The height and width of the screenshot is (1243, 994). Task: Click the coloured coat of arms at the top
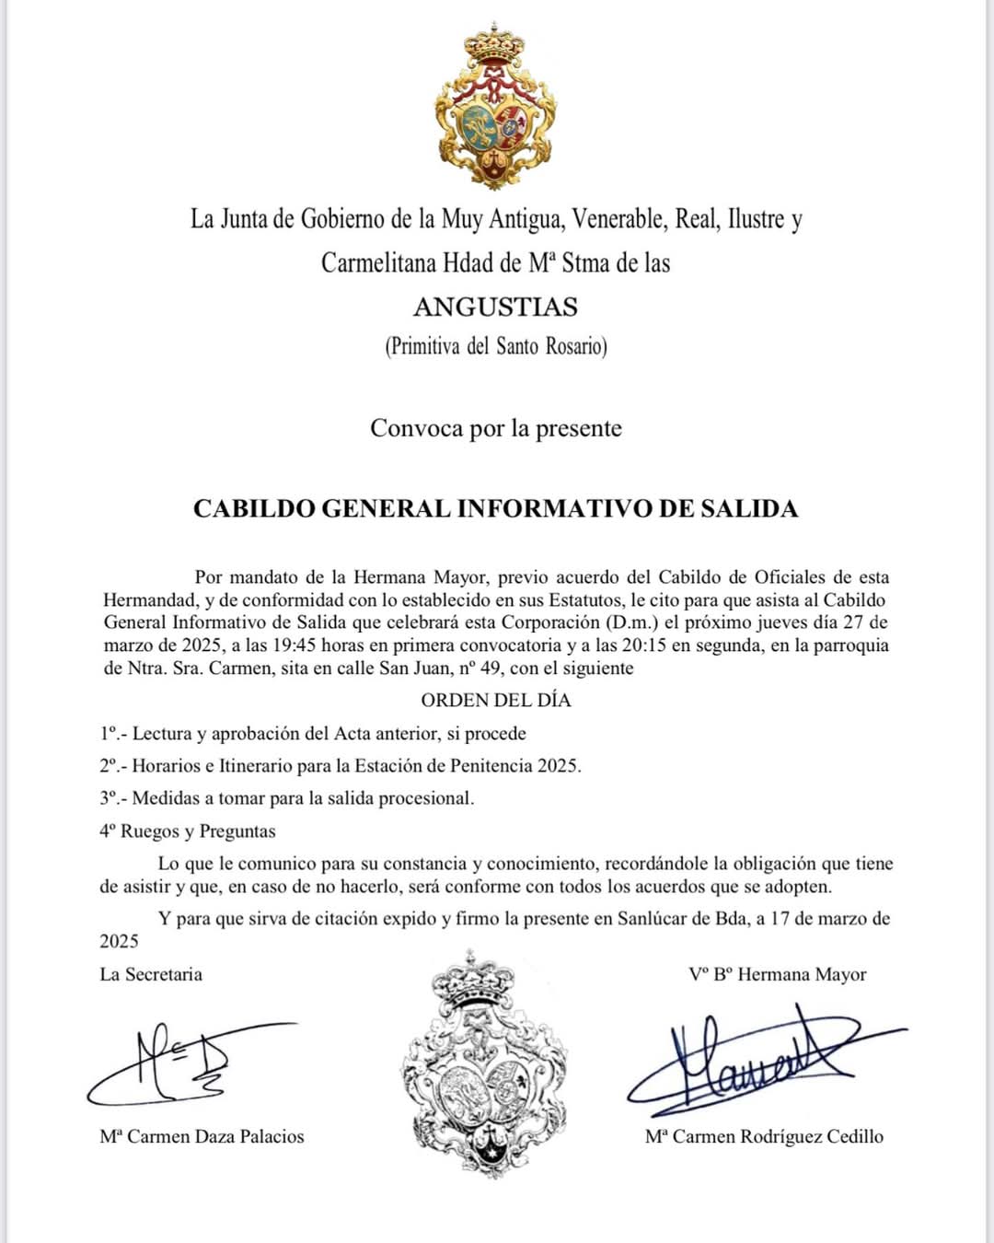coord(495,106)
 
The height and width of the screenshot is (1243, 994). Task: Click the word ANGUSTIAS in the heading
coord(495,307)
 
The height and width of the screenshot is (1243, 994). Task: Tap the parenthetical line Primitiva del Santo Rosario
coord(495,346)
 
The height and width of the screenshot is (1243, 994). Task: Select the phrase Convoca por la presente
coord(495,428)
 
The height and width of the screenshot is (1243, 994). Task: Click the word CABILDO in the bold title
coord(254,509)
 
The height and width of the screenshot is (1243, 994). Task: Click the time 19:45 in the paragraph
coord(294,645)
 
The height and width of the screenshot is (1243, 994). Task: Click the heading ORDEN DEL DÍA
coord(495,701)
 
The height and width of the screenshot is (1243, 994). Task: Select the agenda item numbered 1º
coord(313,734)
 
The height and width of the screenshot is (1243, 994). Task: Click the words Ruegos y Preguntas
coord(198,831)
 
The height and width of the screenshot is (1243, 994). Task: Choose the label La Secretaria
coord(151,974)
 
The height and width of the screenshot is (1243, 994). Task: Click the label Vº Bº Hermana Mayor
coord(777,974)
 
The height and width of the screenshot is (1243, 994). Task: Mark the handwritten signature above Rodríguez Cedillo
coord(755,1059)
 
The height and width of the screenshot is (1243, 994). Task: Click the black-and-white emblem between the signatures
coord(485,1063)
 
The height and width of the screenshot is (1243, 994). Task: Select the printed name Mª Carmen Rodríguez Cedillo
coord(764,1137)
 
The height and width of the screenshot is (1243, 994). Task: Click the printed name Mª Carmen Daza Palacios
coord(202,1137)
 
